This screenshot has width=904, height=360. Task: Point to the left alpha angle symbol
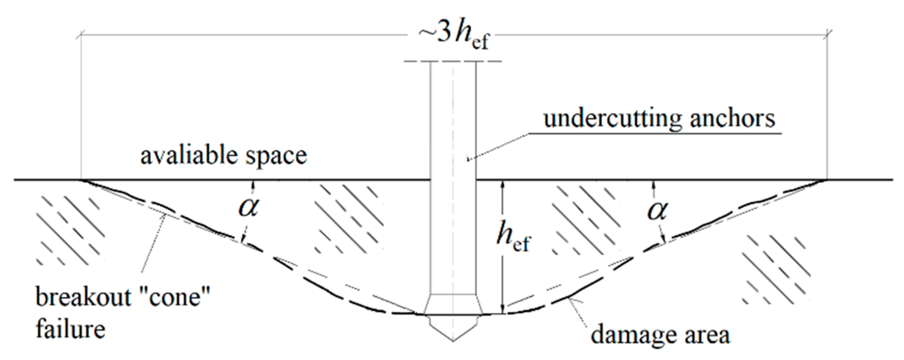pyautogui.click(x=249, y=208)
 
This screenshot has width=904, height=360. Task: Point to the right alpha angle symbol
pyautogui.click(x=658, y=210)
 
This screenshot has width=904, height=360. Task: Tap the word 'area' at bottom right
pyautogui.click(x=708, y=336)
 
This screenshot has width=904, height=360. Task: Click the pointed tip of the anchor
pyautogui.click(x=453, y=339)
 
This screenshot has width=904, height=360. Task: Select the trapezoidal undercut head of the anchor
pyautogui.click(x=453, y=304)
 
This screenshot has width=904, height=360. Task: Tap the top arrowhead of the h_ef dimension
pyautogui.click(x=502, y=184)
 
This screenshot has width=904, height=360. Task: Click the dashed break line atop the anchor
pyautogui.click(x=453, y=62)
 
